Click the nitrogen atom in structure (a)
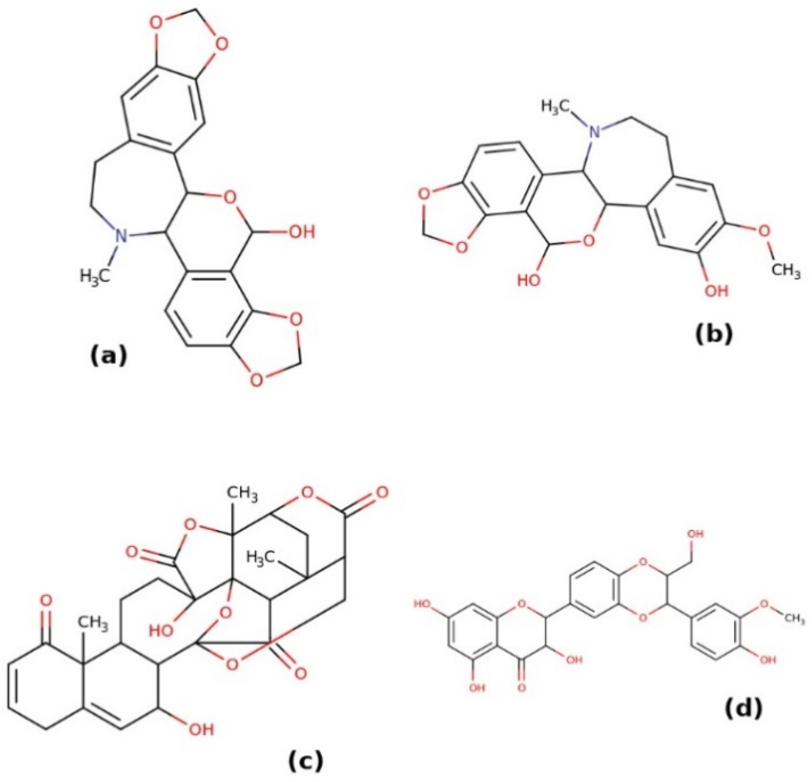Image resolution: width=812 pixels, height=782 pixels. pos(121,236)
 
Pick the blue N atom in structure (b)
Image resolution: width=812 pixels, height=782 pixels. pos(596,132)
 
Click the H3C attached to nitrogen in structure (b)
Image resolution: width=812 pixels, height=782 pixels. pos(557,106)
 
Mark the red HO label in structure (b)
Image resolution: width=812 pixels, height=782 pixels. pos(529,280)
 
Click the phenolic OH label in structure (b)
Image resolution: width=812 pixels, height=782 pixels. pos(716,291)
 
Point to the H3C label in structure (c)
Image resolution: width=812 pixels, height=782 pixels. pos(261,556)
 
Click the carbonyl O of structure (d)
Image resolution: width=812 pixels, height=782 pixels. pos(521,699)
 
